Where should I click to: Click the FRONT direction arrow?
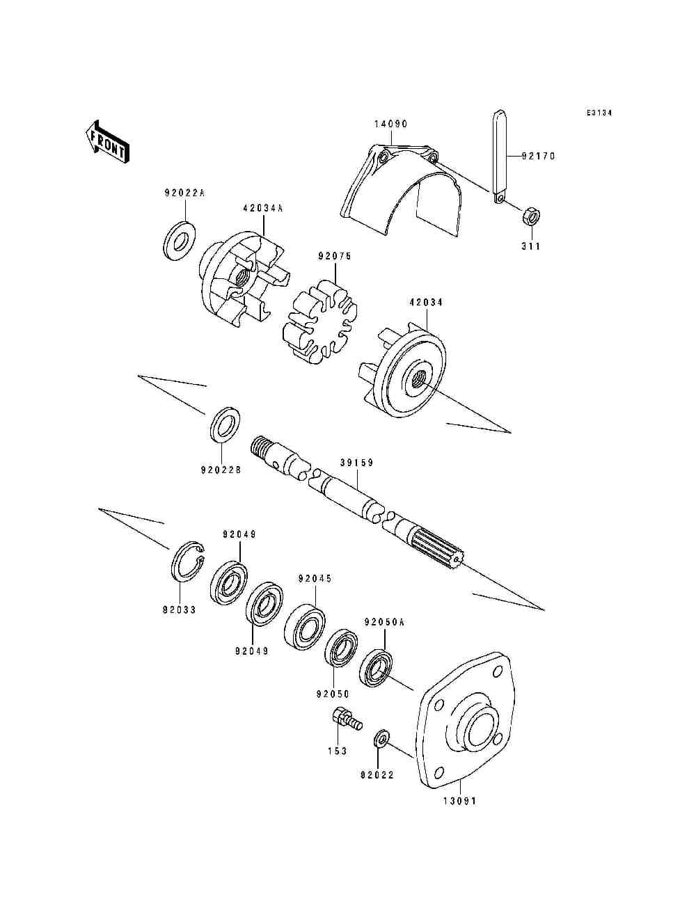pos(106,141)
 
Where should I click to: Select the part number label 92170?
pos(538,157)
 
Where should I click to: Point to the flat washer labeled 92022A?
pos(180,241)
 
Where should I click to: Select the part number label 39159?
pos(357,463)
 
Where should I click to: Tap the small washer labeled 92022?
pos(382,739)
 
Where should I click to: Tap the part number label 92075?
pos(335,256)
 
